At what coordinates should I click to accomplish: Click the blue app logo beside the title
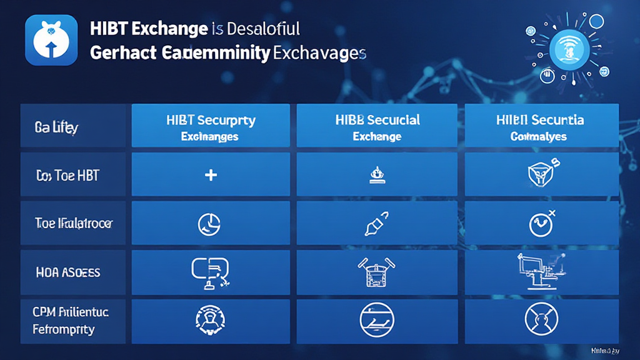point(51,40)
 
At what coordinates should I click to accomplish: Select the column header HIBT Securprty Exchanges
point(211,126)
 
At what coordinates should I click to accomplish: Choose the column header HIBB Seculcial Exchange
point(377,126)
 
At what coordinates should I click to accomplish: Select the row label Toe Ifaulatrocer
point(74,224)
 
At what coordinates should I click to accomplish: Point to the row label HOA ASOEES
point(68,272)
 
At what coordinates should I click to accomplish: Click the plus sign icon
point(211,176)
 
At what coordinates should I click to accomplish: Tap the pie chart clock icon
point(209,223)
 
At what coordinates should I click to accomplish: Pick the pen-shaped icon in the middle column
point(376,223)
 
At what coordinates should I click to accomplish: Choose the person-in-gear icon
point(211,318)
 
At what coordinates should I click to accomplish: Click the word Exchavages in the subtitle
point(319,53)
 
